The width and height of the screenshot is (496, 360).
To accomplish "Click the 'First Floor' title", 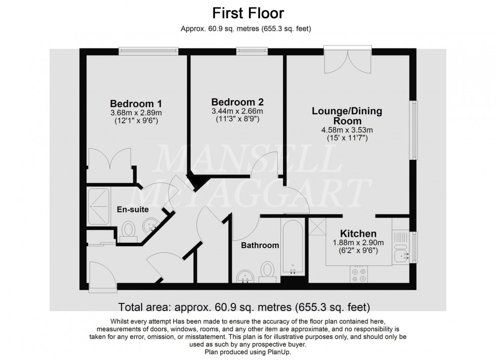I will (247, 13).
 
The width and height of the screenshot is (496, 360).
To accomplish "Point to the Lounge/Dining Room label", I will (347, 116).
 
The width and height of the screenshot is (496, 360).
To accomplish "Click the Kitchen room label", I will (358, 234).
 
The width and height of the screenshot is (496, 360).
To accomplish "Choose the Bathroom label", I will (260, 246).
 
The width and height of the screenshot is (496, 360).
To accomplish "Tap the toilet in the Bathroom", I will (266, 270).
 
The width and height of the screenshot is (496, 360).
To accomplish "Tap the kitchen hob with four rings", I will (358, 274).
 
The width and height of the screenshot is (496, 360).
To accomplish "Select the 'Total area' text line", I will (244, 307).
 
